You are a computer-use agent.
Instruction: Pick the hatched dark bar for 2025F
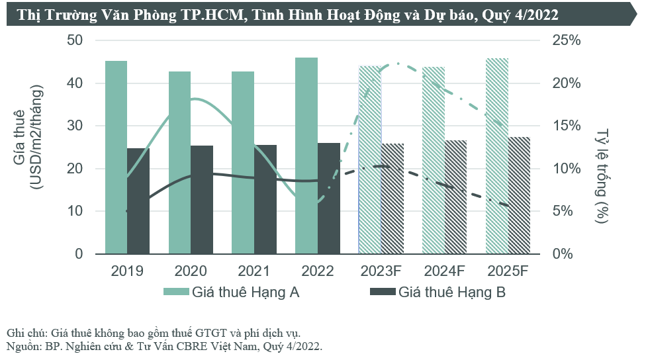tap(519, 195)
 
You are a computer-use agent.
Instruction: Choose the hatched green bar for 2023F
tap(370, 159)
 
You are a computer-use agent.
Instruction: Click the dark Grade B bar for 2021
tap(265, 199)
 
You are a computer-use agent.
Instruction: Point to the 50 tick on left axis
tap(75, 40)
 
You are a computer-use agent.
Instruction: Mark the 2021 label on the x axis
tap(254, 271)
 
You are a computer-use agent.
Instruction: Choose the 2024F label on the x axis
tap(444, 271)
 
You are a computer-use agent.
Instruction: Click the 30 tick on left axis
tap(75, 126)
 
